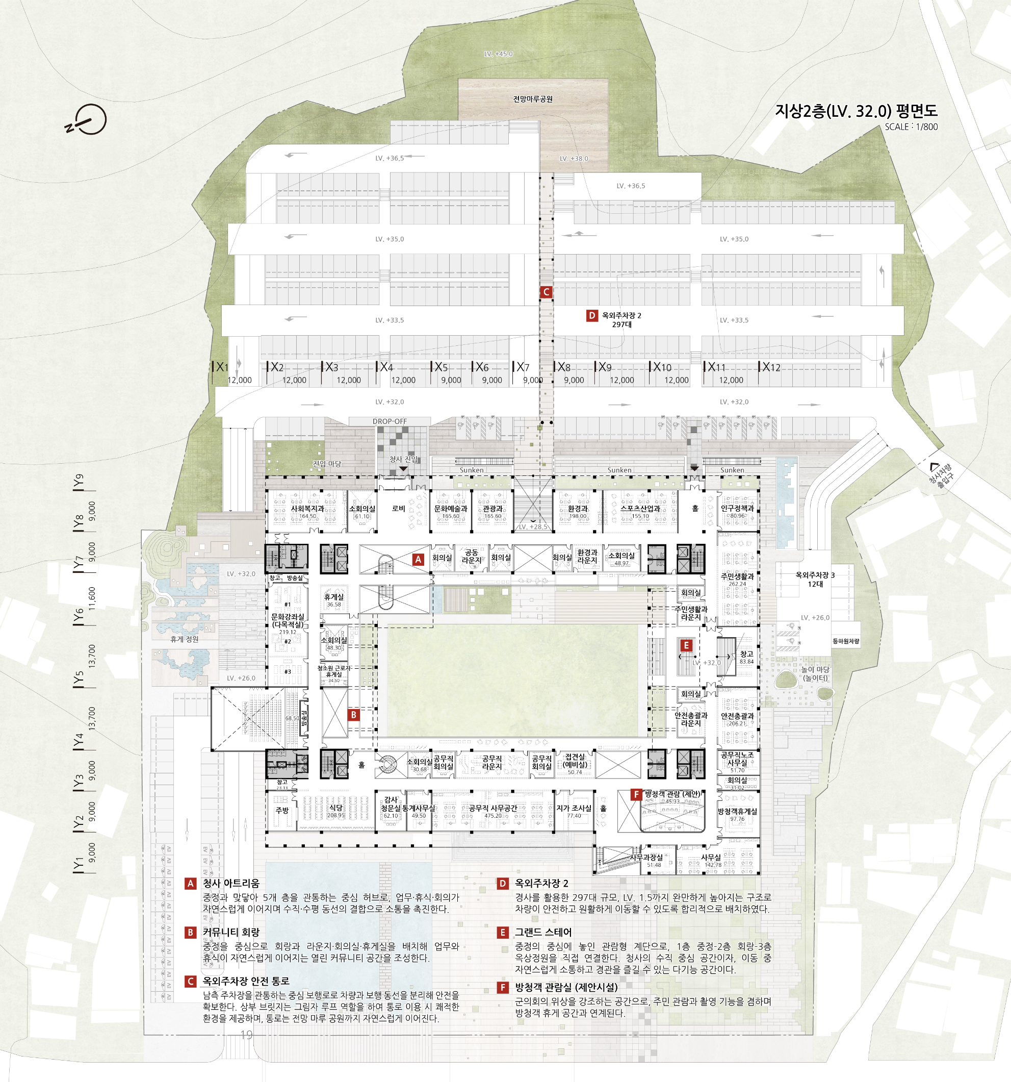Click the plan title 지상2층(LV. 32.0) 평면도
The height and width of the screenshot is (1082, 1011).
[856, 111]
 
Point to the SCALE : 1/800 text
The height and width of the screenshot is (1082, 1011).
[911, 127]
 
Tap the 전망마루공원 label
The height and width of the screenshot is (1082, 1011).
[532, 99]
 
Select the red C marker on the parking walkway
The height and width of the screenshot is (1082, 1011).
[546, 292]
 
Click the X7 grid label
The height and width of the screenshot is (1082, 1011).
[523, 367]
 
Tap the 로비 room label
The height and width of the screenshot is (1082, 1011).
[399, 508]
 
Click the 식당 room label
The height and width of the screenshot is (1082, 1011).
[335, 808]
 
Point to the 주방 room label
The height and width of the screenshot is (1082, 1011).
[282, 811]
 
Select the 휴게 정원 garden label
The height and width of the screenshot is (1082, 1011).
[185, 639]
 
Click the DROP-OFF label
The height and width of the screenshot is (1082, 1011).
[390, 421]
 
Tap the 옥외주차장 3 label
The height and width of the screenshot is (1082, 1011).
[815, 575]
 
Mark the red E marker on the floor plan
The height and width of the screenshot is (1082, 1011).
[686, 645]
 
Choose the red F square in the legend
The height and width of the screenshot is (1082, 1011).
[503, 987]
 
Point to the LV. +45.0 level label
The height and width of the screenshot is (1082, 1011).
[498, 54]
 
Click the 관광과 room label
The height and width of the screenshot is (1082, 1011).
[492, 508]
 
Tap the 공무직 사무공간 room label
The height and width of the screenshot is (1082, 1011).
[492, 808]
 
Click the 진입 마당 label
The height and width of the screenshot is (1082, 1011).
[327, 464]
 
